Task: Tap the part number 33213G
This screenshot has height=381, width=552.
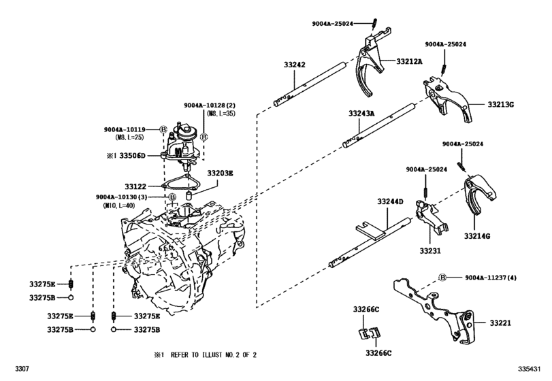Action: pos(500,105)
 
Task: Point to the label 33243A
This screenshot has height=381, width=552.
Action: pos(361,114)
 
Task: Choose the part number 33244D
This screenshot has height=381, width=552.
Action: pos(391,201)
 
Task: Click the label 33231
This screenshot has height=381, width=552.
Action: pos(429,251)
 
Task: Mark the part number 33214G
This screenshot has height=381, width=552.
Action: pos(477,235)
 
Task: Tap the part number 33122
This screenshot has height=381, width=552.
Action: pos(135,184)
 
